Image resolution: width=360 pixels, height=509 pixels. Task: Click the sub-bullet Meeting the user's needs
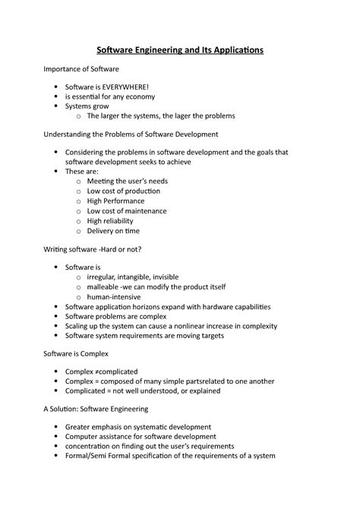tap(127, 182)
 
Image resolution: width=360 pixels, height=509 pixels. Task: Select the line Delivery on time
tap(113, 230)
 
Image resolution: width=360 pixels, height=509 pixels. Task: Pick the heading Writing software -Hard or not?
tap(93, 249)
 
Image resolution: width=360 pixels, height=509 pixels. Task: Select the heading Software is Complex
tap(76, 353)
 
